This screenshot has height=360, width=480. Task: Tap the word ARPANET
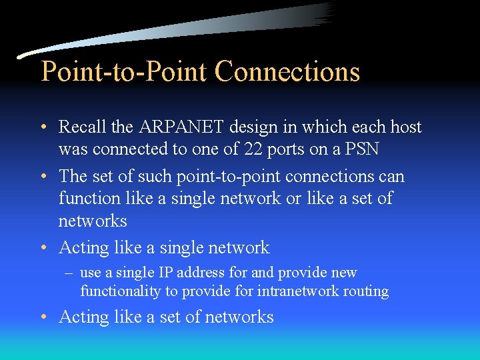pos(175,127)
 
